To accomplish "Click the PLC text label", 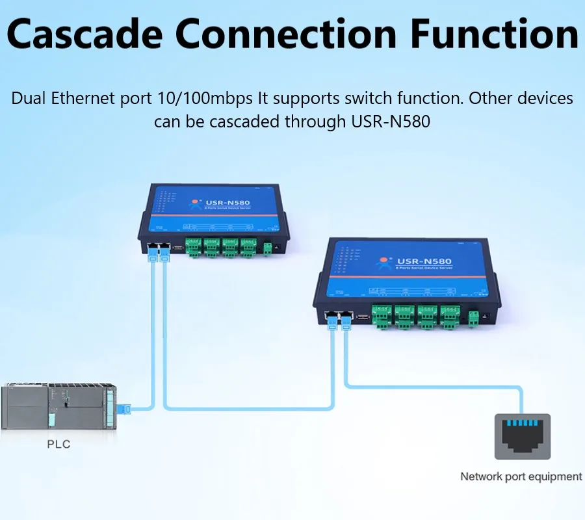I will coord(58,445).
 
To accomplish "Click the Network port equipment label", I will coord(521,476).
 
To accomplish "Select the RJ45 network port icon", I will coord(522,436).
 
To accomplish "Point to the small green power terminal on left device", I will coord(267,248).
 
